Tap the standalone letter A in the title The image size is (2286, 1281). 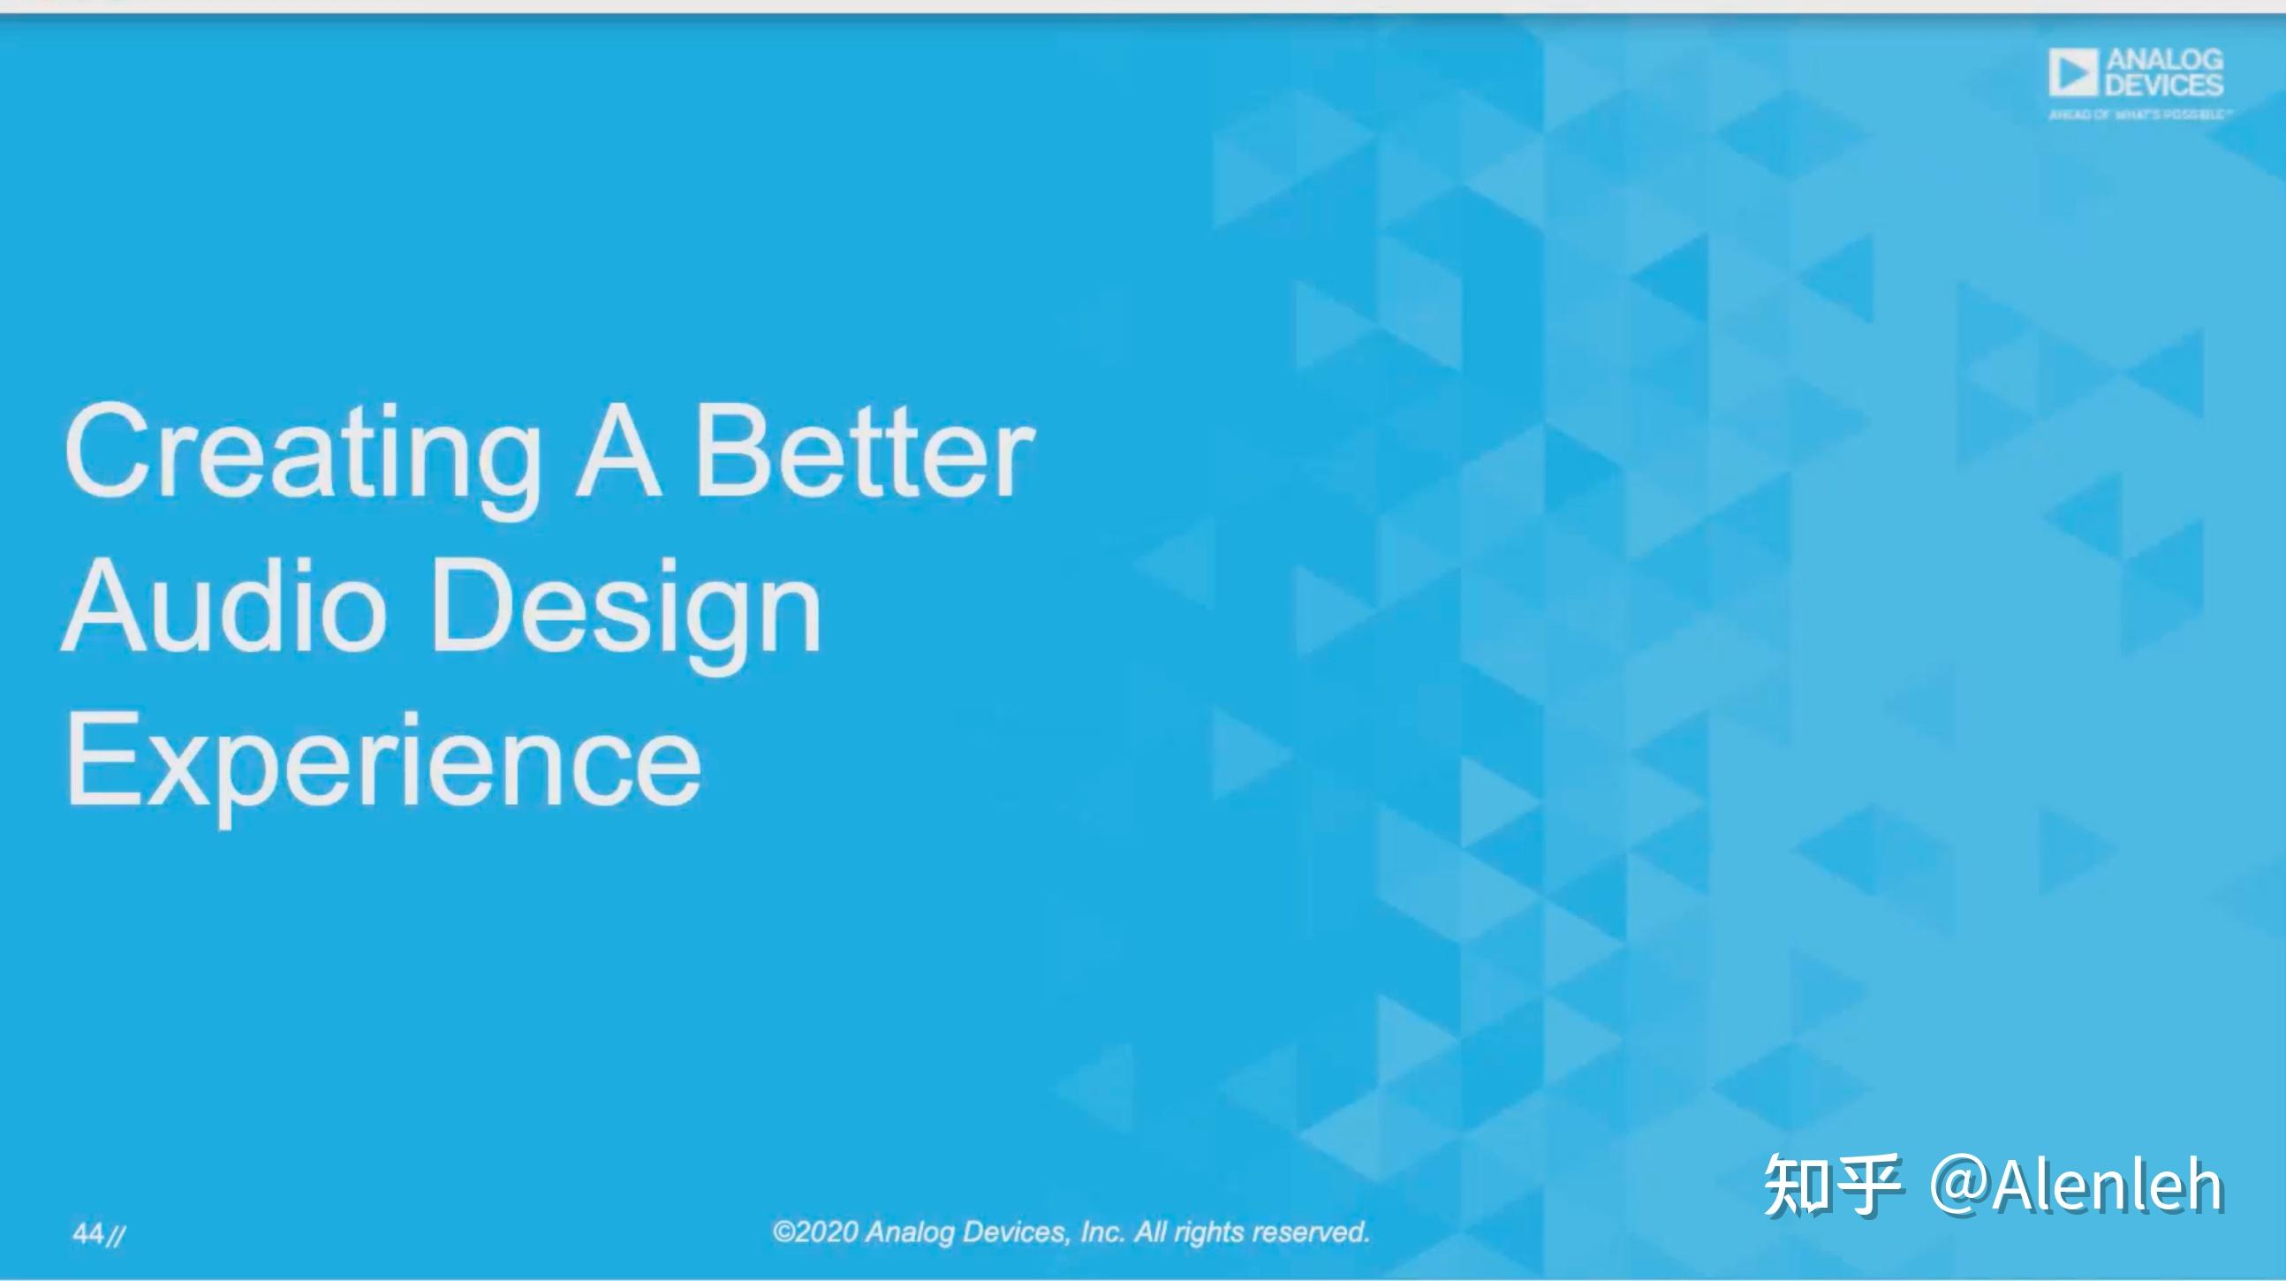[x=618, y=451]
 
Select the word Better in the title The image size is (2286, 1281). [x=865, y=451]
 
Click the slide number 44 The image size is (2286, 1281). [x=88, y=1233]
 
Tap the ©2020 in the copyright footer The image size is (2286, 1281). [x=815, y=1232]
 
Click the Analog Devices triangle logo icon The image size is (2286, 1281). [x=2073, y=72]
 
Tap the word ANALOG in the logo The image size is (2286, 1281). [x=2164, y=60]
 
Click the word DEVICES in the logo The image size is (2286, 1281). [x=2164, y=85]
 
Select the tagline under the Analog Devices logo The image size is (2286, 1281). [x=2138, y=115]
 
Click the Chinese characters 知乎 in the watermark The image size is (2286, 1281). [x=1831, y=1184]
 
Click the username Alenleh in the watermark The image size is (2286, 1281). [x=2107, y=1184]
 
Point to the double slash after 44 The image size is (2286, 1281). [x=116, y=1235]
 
